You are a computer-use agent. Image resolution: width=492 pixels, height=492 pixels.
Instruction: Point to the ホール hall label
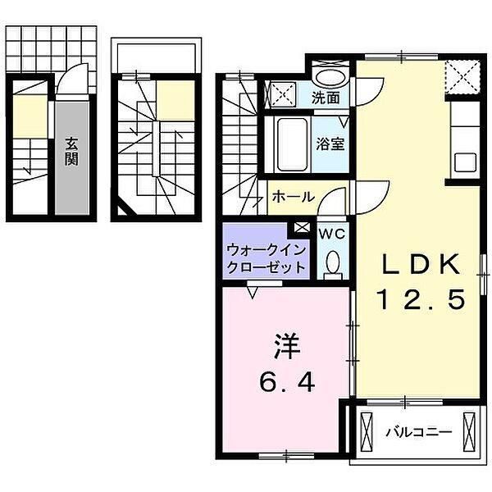coord(290,197)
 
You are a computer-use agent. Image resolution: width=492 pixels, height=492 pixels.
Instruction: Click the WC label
coord(332,232)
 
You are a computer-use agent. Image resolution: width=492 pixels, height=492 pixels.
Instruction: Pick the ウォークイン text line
coord(266,249)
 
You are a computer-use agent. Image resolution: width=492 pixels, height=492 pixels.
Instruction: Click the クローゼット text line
coord(266,267)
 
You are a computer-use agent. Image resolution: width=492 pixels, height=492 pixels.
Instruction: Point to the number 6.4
coord(286,382)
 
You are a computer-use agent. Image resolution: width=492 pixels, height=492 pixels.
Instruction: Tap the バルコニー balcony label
coord(418,430)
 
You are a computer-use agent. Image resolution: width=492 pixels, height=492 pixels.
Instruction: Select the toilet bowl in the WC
coord(333,262)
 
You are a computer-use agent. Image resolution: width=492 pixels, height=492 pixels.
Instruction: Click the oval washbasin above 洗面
coord(330,78)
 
